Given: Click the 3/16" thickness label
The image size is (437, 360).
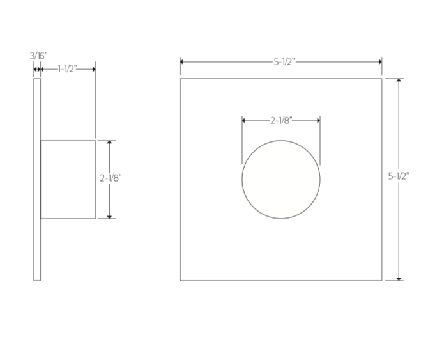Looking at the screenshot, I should click(x=38, y=56).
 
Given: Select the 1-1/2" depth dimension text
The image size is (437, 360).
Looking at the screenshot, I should click(x=67, y=68).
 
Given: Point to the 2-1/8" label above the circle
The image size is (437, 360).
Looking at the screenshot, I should click(x=281, y=120).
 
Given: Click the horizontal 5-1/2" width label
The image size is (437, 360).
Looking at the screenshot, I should click(x=281, y=62).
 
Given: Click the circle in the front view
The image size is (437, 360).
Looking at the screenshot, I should click(x=281, y=180).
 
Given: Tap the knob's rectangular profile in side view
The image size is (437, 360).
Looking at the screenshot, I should click(x=68, y=180).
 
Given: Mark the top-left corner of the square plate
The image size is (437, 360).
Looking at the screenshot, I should click(x=180, y=79).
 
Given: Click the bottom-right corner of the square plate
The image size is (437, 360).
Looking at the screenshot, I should click(x=381, y=280).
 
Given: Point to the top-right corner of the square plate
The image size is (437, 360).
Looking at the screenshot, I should click(x=381, y=79).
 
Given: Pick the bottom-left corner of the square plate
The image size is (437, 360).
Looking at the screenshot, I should click(x=180, y=280).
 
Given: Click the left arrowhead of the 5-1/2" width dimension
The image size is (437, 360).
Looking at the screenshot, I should click(x=183, y=62).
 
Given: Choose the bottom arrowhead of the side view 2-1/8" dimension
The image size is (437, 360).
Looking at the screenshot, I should click(x=110, y=216).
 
